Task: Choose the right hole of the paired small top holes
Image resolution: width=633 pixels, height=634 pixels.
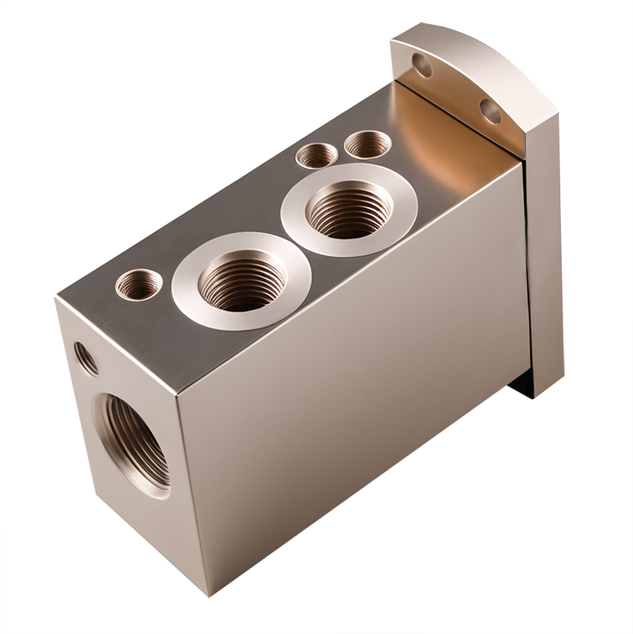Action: click(368, 144)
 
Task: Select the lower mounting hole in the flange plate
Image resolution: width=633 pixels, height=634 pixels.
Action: click(490, 111)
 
